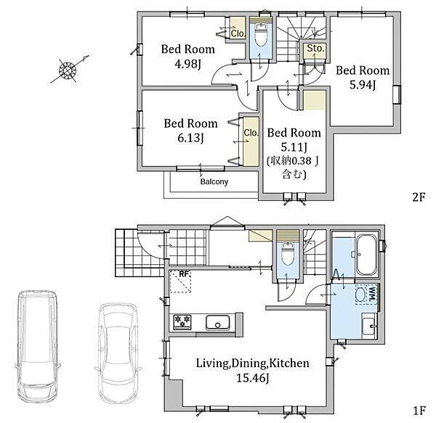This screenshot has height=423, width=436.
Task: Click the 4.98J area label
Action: pos(187,64)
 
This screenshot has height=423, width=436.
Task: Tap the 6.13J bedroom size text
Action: pos(190,138)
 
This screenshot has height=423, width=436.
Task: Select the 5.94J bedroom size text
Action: pos(363,85)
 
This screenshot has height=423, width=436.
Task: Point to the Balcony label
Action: pos(214,182)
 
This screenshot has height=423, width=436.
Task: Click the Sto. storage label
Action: pos(315,49)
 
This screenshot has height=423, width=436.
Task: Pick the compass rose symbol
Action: pos(68,70)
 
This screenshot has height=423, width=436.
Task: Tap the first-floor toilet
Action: pos(288,254)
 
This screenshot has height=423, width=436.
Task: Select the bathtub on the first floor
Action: pos(367,255)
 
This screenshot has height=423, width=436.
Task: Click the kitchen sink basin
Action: pos(218,323)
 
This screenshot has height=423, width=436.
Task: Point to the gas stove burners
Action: pos(182,322)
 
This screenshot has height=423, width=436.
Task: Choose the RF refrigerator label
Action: pos(184,274)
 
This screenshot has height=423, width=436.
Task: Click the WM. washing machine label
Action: pos(372,294)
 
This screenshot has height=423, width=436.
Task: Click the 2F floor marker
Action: pos(419,197)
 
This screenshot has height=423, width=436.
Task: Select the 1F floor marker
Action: pos(419,411)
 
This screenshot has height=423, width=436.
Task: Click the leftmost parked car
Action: pos(38,345)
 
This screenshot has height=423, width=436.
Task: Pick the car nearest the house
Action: pos(118,353)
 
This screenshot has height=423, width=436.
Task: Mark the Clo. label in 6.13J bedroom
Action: pos(251,133)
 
